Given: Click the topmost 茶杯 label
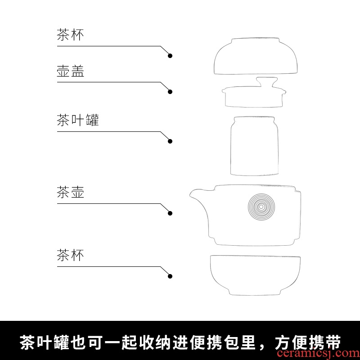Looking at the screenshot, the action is pyautogui.click(x=70, y=35).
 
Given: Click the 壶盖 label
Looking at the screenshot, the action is pyautogui.click(x=70, y=71).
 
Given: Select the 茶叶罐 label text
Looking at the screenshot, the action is pyautogui.click(x=78, y=120).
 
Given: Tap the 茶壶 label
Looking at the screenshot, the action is pyautogui.click(x=70, y=192).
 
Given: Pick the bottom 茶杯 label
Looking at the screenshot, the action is pyautogui.click(x=70, y=255).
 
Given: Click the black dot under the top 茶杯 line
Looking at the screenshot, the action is pyautogui.click(x=170, y=56).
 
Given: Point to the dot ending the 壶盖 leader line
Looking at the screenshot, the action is pyautogui.click(x=170, y=92).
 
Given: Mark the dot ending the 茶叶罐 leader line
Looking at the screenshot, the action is pyautogui.click(x=170, y=141).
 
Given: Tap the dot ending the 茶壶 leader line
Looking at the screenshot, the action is pyautogui.click(x=170, y=213).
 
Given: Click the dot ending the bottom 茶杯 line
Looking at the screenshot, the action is pyautogui.click(x=170, y=276).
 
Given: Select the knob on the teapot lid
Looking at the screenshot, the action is pyautogui.click(x=267, y=82).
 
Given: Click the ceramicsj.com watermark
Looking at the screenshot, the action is pyautogui.click(x=318, y=353).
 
